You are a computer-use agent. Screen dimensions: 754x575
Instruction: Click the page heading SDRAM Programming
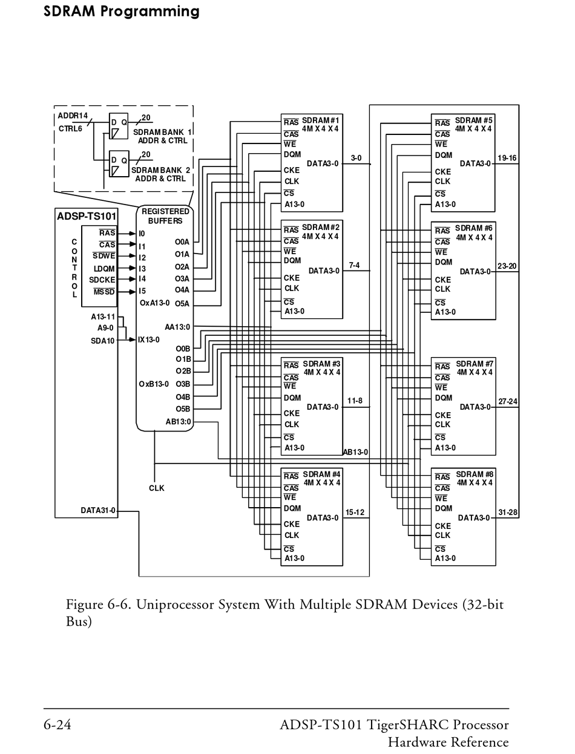point(121,11)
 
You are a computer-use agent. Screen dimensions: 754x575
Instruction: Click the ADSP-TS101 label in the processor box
point(87,217)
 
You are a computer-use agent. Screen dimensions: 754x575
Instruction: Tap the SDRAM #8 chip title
point(475,474)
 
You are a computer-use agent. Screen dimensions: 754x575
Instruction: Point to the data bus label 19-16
point(507,158)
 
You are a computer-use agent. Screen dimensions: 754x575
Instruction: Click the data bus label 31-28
point(507,513)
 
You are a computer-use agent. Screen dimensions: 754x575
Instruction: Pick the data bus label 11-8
point(355,401)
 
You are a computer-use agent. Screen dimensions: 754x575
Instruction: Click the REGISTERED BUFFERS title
point(165,216)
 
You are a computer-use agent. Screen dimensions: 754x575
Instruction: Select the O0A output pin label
point(182,242)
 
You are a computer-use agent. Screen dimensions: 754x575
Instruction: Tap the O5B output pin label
point(183,409)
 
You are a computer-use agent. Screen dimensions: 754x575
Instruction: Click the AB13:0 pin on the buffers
point(179,422)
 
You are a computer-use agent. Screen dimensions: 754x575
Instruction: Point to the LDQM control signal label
point(104,269)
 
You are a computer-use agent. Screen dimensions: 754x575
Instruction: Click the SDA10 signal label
point(102,341)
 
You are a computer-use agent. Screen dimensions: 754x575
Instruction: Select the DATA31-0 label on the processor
point(98,511)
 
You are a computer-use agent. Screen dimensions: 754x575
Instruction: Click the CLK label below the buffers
point(156,488)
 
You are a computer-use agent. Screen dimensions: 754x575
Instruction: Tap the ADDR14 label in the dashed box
point(73,116)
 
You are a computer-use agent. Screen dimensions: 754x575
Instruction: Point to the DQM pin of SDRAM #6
point(443,262)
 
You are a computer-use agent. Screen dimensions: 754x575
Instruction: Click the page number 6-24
point(57,724)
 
